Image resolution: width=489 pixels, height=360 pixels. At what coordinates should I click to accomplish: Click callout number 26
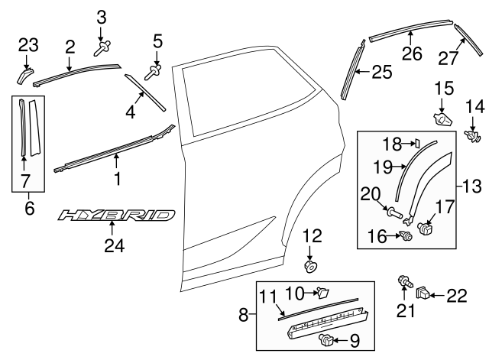411,54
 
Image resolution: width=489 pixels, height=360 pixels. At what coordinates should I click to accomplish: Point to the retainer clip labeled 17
424,228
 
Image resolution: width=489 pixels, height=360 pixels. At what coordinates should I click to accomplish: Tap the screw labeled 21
401,284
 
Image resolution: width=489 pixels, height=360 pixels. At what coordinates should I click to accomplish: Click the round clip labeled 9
328,339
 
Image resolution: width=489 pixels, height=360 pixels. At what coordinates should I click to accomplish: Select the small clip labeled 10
322,291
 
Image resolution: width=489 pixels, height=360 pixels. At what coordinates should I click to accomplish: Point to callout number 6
30,207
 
